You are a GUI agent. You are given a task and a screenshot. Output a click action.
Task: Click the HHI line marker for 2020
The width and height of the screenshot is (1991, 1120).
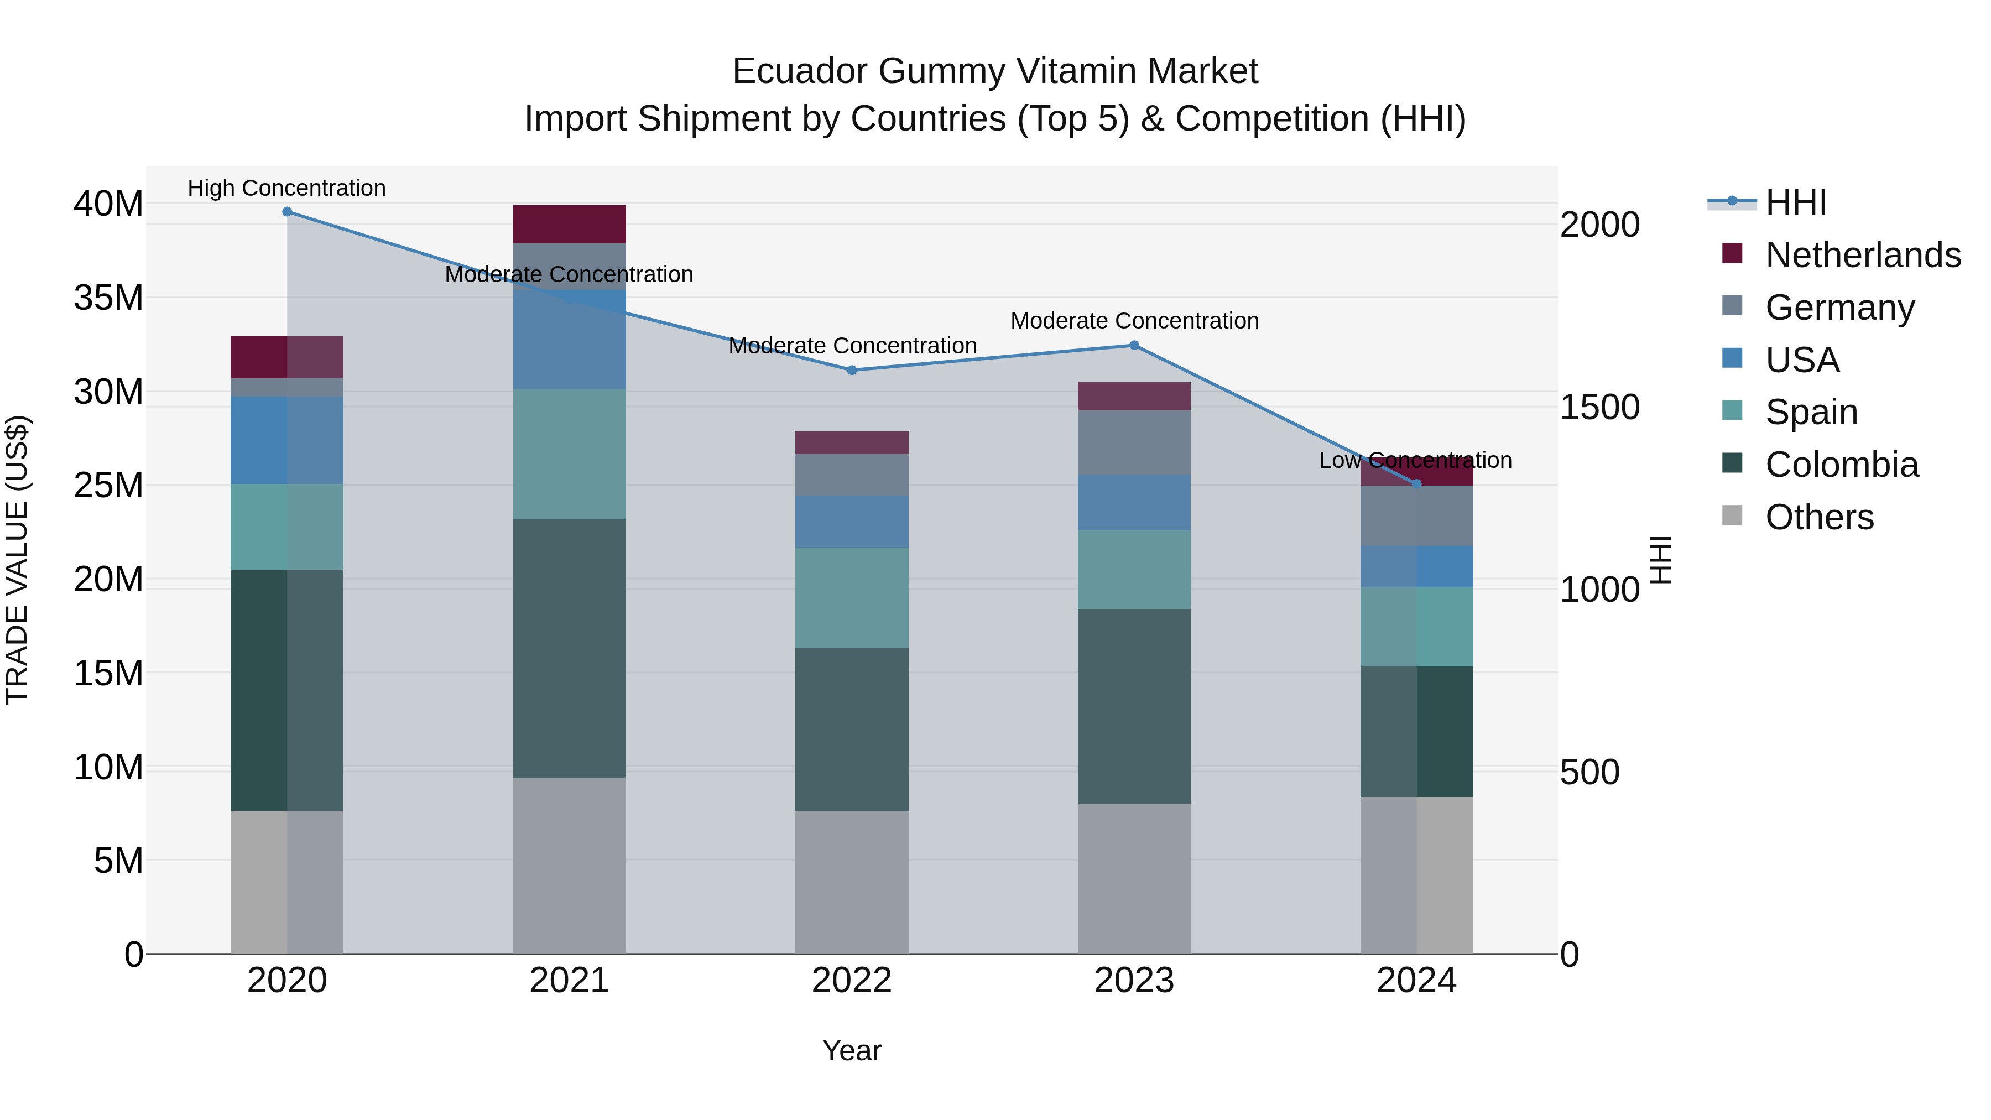coord(286,212)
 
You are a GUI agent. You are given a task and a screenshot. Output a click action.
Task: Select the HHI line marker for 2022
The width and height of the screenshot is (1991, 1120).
coord(852,370)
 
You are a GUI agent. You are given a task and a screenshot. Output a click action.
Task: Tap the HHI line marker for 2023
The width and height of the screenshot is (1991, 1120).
coord(1134,346)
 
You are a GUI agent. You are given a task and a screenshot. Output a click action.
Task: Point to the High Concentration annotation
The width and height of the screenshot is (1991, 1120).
coord(286,188)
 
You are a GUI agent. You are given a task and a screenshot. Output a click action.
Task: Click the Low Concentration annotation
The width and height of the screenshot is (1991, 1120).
coord(1415,460)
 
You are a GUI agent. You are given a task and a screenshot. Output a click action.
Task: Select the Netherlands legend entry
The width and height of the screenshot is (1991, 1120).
coord(1863,255)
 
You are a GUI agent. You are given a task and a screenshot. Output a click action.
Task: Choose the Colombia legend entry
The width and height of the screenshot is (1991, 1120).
coord(1841,465)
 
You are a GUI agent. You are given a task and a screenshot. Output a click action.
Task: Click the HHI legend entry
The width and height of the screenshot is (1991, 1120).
coord(1795,202)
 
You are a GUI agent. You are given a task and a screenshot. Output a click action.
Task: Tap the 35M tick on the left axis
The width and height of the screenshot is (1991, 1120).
coord(108,298)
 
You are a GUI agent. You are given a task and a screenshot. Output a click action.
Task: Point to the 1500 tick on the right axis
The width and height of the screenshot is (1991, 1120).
coord(1599,407)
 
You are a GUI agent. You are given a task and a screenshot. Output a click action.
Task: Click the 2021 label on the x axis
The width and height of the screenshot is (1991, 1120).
coord(569,981)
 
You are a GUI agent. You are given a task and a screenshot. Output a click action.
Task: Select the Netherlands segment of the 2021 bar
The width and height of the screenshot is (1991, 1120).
coord(569,224)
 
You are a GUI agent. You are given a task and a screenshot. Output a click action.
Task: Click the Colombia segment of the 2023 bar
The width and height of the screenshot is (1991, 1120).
coord(1134,706)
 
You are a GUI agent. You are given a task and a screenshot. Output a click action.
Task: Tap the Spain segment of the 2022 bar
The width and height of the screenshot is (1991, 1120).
coord(852,597)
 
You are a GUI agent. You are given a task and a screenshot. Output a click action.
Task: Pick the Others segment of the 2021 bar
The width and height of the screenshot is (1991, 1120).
coord(569,866)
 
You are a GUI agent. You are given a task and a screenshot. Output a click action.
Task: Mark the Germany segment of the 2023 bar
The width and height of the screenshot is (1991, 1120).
coord(1134,442)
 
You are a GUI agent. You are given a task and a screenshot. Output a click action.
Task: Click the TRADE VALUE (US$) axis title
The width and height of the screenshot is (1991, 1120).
coord(17,560)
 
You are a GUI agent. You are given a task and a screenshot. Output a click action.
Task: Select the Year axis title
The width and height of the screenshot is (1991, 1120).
coord(852,1050)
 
